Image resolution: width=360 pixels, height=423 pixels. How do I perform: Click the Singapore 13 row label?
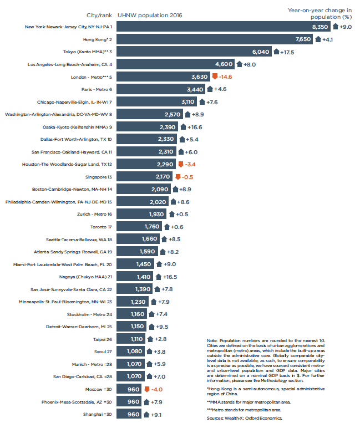coord(97,177)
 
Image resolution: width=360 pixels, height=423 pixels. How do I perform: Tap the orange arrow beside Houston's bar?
coord(180,164)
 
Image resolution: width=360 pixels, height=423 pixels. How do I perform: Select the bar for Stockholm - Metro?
coord(133,314)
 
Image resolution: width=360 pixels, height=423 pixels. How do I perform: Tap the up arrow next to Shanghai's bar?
coord(146,414)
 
